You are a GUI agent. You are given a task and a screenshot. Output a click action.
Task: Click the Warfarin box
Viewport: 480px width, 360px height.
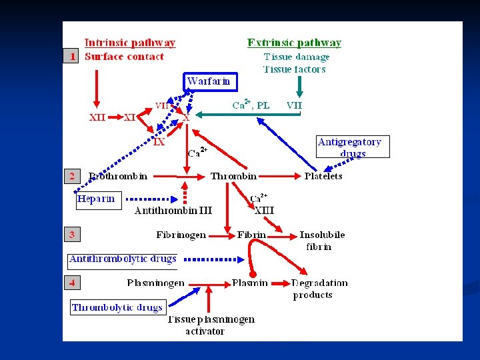210,81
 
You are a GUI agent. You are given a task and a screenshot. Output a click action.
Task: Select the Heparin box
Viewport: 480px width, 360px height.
98,199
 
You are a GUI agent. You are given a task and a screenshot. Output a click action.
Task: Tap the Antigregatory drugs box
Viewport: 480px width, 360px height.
353,147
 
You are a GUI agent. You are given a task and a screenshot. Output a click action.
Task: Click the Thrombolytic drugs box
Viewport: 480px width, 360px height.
117,307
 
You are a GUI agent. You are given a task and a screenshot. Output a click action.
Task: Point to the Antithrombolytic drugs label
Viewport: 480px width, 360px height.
123,259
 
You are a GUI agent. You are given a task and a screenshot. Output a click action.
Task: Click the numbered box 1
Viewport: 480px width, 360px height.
72,57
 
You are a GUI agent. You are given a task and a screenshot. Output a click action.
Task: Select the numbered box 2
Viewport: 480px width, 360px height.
72,176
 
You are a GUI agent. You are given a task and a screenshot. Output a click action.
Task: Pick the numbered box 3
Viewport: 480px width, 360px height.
72,234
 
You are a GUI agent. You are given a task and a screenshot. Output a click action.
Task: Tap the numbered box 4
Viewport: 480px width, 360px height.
72,283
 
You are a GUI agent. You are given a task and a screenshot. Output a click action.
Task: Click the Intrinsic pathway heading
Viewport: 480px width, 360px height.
130,43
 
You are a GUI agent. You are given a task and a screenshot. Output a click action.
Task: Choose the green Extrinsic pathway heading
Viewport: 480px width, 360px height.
294,43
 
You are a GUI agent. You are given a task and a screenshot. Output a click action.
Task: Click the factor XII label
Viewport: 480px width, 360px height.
97,117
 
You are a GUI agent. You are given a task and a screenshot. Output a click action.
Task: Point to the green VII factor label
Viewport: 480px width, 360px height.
294,105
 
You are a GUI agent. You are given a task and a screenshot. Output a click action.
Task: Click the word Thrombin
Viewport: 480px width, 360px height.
233,176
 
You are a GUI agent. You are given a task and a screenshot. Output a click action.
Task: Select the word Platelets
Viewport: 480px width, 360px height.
323,176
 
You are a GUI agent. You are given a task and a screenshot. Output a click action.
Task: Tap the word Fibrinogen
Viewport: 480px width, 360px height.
181,235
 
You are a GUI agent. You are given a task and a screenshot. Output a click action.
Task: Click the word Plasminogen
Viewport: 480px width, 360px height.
156,283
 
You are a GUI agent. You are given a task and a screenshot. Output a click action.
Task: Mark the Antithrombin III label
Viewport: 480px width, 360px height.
173,211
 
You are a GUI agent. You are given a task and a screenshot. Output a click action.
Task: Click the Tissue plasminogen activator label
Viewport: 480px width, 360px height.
210,325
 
